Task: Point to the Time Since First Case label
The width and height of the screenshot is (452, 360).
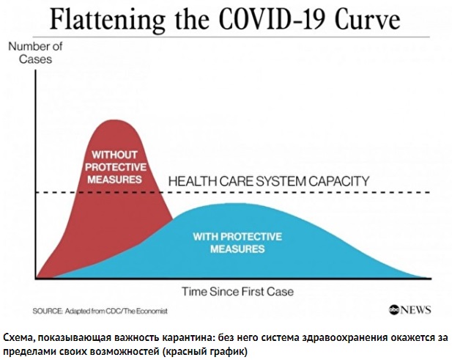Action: coord(237,291)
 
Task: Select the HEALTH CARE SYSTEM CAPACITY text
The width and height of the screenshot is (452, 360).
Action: coord(269,181)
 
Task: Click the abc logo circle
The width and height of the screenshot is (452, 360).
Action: coord(395,310)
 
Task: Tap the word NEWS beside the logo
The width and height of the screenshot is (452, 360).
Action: coord(417,310)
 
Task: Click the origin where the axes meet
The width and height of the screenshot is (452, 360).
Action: coord(34,279)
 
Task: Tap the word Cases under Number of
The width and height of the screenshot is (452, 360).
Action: coord(35,59)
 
